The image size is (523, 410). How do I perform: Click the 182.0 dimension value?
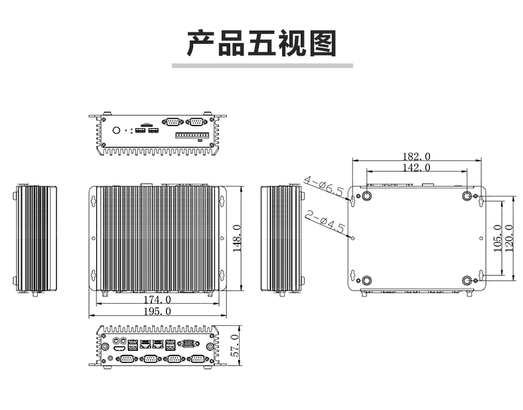coord(416,157)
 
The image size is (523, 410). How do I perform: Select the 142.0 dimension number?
coord(416,167)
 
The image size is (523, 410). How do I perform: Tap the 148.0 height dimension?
coord(236,238)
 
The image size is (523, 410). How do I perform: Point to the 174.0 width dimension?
coord(157,300)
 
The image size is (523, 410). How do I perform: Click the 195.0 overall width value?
coord(157,311)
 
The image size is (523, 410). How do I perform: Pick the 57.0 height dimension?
coord(235,346)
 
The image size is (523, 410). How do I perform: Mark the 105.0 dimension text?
coord(497,238)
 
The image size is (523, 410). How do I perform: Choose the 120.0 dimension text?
coord(509,238)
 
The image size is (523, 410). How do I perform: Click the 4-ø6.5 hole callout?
coord(323,186)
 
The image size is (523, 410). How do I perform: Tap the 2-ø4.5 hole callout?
coord(325,222)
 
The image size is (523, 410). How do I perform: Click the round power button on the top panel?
coord(116,130)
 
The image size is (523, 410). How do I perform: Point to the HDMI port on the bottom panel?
coord(119,349)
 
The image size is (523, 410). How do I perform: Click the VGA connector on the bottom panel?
coord(188,344)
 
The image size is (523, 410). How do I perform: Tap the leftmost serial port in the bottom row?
coord(126,359)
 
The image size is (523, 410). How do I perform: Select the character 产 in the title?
coord(200,43)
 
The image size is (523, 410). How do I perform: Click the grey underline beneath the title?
coord(262,66)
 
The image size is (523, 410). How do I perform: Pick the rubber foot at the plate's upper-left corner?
coord(367,196)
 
